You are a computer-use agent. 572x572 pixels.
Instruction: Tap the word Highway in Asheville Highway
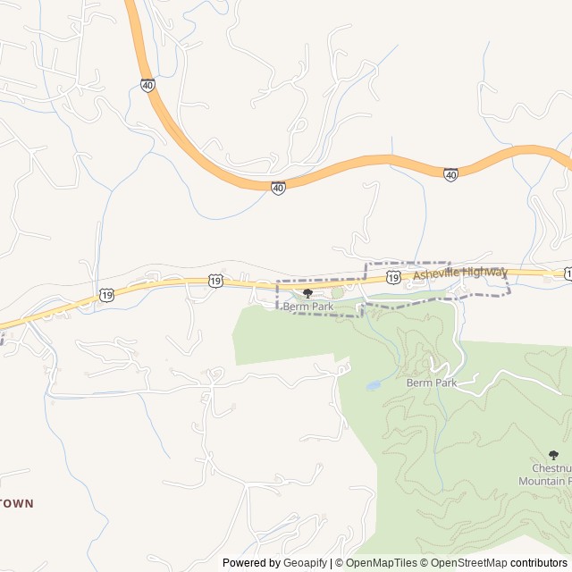[x=485, y=271]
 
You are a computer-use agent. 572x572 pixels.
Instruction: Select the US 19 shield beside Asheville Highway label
[x=393, y=280]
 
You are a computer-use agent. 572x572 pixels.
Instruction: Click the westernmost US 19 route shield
[x=106, y=294]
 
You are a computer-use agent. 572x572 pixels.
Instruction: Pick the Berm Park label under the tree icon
[x=307, y=307]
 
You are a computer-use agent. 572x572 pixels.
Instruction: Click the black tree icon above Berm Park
[x=307, y=294]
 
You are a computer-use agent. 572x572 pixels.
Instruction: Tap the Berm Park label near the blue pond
[x=432, y=383]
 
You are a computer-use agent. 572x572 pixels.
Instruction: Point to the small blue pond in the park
[x=373, y=386]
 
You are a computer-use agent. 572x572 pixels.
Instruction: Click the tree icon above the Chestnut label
[x=553, y=456]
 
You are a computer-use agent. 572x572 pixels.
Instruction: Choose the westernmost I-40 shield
[x=147, y=85]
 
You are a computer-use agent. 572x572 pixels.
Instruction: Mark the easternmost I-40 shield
[x=450, y=174]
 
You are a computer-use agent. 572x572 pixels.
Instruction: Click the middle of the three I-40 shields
[x=279, y=188]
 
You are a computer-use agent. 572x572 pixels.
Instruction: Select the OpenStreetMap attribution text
[x=465, y=563]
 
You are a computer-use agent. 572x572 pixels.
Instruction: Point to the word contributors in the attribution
[x=539, y=563]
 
